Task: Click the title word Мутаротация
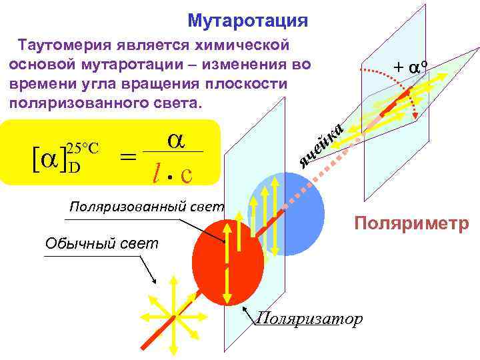(x=247, y=21)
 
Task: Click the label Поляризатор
(x=309, y=319)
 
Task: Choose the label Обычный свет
(x=102, y=243)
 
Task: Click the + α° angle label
(x=410, y=67)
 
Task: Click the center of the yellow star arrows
(x=175, y=318)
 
